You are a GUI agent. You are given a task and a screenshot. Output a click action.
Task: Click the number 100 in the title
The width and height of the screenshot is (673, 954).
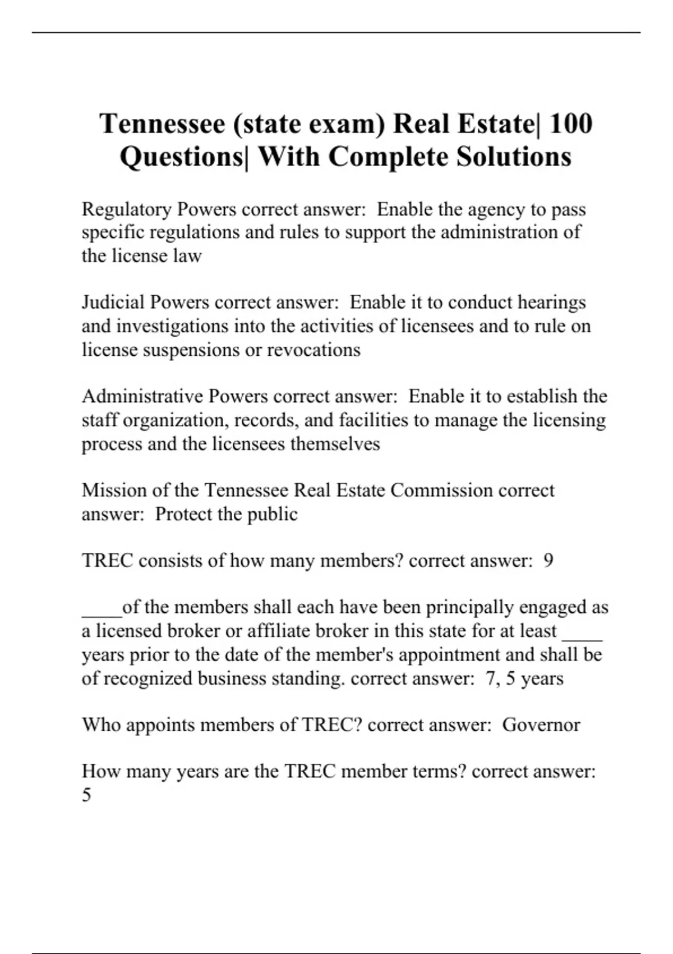point(570,123)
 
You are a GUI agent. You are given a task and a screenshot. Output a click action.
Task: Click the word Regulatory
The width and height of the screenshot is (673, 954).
point(127,210)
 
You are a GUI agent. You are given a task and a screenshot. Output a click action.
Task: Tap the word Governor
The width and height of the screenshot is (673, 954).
point(541,724)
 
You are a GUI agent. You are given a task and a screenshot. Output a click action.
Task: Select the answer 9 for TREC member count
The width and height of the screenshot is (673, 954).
point(548,561)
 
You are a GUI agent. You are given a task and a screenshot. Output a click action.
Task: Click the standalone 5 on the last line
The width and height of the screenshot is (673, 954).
point(86,795)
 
